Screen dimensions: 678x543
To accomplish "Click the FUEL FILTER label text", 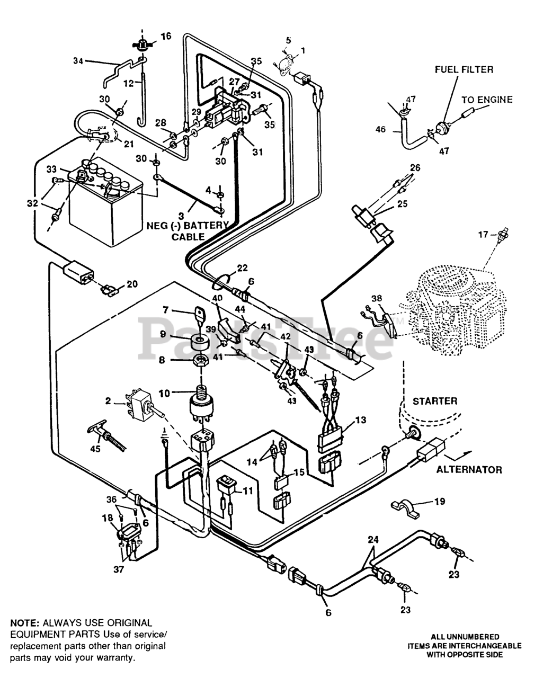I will tap(464, 69).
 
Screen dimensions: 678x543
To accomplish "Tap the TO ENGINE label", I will tap(486, 100).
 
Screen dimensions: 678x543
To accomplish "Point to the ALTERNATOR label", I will tap(469, 469).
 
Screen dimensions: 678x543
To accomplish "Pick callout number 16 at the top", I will tap(166, 37).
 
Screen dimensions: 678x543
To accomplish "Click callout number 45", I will tap(94, 450).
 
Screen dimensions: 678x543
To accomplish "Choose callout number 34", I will tap(78, 62).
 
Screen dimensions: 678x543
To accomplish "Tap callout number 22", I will tap(242, 269).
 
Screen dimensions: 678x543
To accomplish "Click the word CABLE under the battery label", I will tap(187, 236).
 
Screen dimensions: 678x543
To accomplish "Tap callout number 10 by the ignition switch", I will tap(165, 393).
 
